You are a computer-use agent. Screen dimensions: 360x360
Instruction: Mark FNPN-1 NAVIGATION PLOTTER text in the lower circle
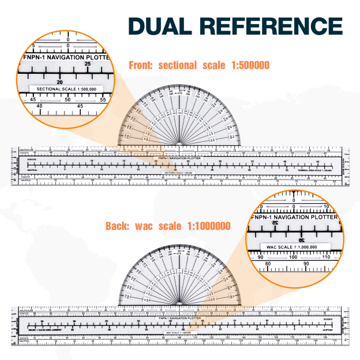click(294, 216)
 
